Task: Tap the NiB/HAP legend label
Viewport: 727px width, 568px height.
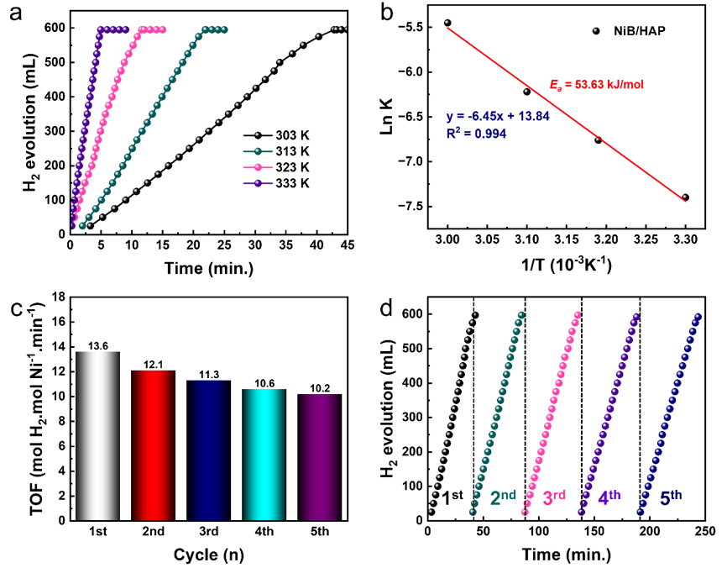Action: pos(633,30)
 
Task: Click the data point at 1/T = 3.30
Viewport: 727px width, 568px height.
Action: pos(685,197)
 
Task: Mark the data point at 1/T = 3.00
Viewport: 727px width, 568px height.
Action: pos(447,23)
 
